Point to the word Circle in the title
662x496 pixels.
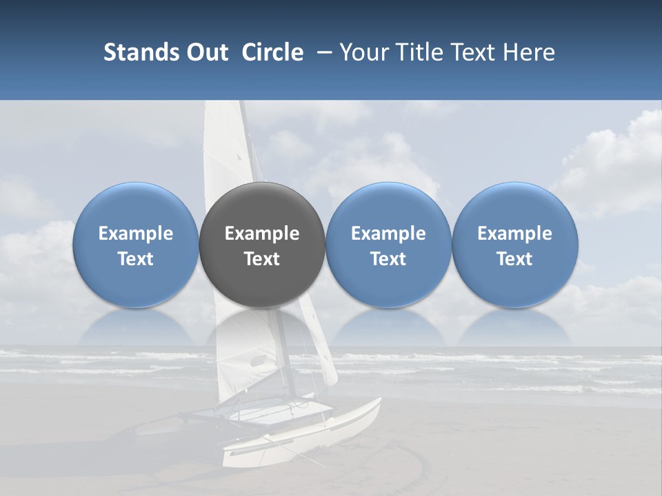click(272, 52)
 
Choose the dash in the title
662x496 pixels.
click(322, 52)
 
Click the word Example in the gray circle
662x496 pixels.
click(262, 234)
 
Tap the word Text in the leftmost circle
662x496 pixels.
click(136, 259)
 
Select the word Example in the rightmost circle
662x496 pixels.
click(514, 234)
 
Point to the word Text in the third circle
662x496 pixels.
click(388, 259)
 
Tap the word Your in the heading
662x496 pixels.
click(364, 52)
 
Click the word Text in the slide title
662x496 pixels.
click(475, 52)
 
